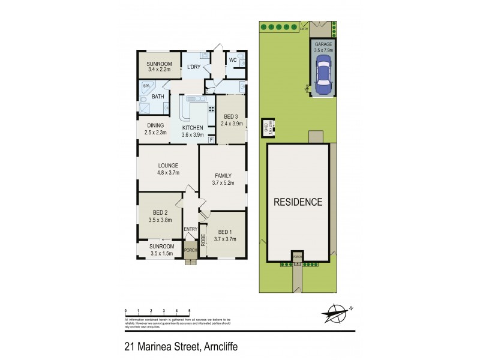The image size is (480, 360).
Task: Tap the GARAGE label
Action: pyautogui.click(x=323, y=45)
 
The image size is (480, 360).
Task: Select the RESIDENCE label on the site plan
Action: pyautogui.click(x=298, y=202)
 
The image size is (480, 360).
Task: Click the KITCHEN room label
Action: pyautogui.click(x=193, y=128)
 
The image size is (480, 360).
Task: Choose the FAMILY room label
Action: pyautogui.click(x=222, y=176)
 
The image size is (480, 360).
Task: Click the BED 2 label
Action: pyautogui.click(x=160, y=213)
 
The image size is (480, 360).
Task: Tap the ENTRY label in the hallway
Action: pyautogui.click(x=190, y=229)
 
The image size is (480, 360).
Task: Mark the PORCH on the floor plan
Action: pyautogui.click(x=190, y=250)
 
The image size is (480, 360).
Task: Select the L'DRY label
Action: pyautogui.click(x=193, y=66)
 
